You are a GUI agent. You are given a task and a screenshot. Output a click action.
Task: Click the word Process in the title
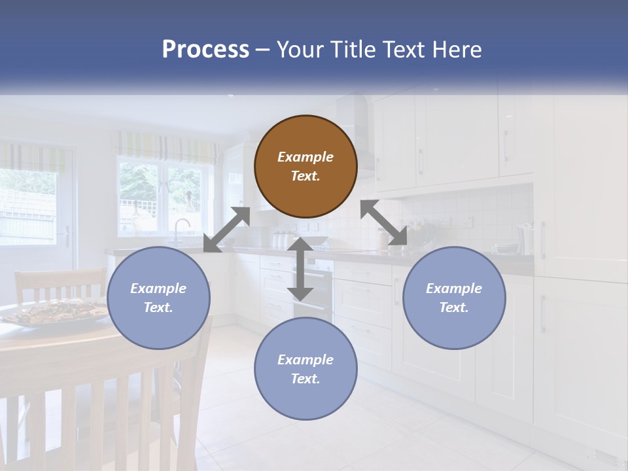coord(205,50)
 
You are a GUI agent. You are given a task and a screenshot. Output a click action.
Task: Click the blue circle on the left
coord(158,298)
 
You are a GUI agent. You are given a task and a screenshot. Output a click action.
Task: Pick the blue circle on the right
coord(454,298)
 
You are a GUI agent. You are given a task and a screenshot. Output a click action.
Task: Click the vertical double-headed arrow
coord(300,269)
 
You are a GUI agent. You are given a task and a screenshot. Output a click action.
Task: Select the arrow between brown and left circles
coord(227,230)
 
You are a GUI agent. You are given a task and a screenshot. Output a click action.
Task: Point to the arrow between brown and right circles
coord(383,223)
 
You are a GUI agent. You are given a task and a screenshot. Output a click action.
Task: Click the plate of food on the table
coord(56,311)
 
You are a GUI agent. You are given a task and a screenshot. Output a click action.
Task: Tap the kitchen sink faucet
coord(180,228)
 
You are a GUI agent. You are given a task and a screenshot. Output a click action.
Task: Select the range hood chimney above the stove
coord(362,124)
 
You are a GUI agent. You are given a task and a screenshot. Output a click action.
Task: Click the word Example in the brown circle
coord(305,157)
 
